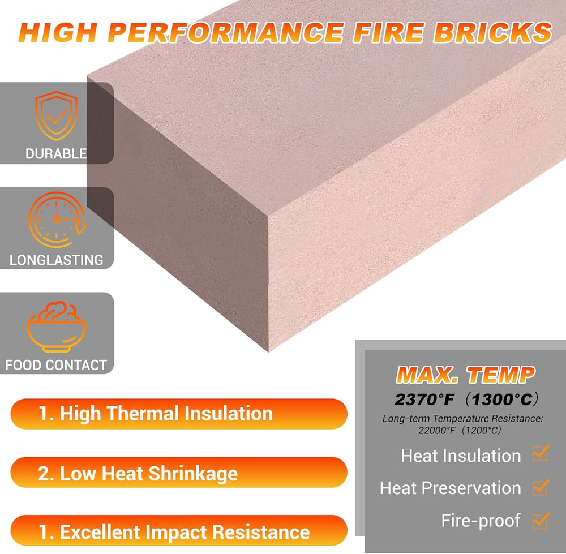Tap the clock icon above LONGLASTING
coord(57,219)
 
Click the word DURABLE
coord(56,153)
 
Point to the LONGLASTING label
coord(57,260)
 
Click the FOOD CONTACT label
coord(56,365)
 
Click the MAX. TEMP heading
coord(465,374)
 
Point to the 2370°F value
coord(425,400)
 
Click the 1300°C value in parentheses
coord(502,400)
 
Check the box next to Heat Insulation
coord(541,453)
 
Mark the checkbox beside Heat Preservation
coord(541,487)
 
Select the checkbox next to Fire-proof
coord(541,519)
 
